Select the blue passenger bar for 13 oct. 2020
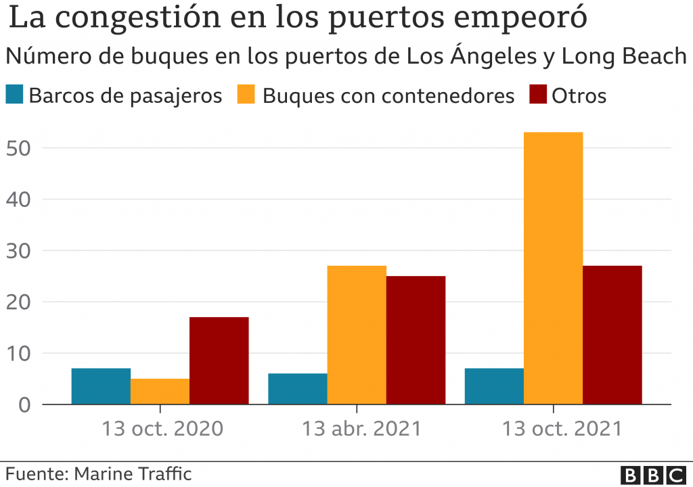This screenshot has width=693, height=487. pos(101,386)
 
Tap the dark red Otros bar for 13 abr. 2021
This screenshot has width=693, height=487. pos(416,340)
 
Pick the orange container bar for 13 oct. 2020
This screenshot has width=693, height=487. pos(160,392)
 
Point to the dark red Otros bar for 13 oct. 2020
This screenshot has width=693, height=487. pos(219,361)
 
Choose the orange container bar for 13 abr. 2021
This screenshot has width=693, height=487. pos(357,335)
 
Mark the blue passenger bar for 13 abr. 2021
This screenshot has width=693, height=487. pos(298,389)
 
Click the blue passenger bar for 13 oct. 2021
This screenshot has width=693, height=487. pos(494,386)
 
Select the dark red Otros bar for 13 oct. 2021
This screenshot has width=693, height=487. pos(612,335)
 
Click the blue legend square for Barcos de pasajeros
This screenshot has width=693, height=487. pos(14,95)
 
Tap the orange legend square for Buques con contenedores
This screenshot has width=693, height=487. pos(246,95)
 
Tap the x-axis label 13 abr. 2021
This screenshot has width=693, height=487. pos(361,429)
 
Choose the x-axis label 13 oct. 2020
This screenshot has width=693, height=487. pos(162,429)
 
